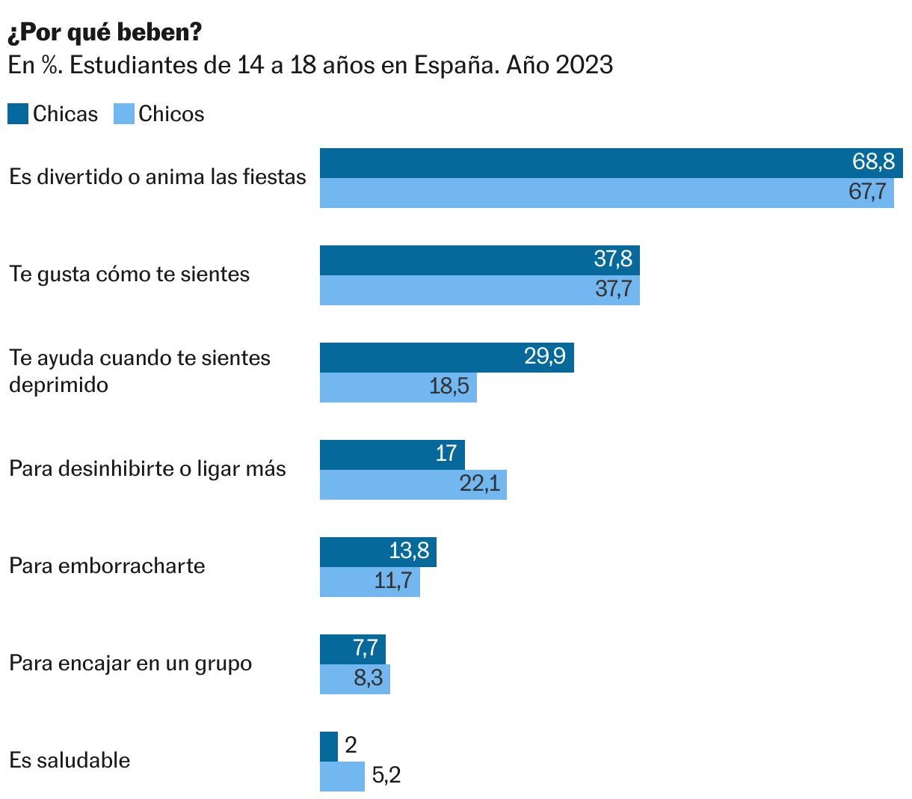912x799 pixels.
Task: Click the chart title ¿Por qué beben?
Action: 105,32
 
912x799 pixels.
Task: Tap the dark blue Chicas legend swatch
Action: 18,114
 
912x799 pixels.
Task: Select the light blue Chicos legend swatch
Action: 124,114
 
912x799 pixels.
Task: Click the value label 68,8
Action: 873,162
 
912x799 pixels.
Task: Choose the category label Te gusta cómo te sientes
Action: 129,274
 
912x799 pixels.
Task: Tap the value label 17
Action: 446,453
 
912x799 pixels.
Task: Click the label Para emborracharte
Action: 107,566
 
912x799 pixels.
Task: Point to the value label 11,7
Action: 393,581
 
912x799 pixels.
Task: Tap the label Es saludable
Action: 70,760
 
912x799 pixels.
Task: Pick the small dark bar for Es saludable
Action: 329,747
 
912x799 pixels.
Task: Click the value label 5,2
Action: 386,776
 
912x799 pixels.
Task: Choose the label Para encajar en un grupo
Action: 130,663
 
